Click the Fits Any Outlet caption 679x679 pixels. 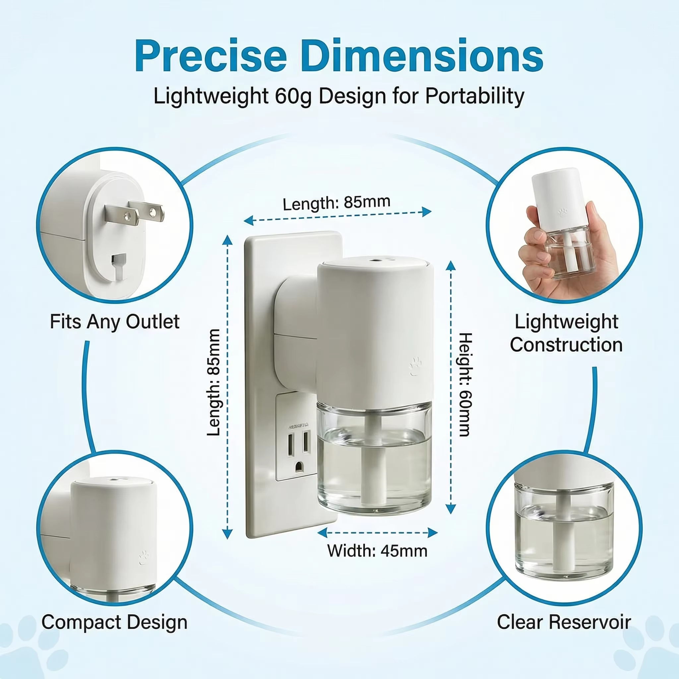[x=115, y=322]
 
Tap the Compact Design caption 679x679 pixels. [x=114, y=622]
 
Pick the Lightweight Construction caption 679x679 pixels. [x=566, y=333]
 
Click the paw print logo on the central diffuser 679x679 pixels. [x=415, y=366]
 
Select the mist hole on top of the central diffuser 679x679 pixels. [x=375, y=262]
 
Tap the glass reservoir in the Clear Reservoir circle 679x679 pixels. [x=564, y=531]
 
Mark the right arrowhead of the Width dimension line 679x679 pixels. [x=433, y=533]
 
